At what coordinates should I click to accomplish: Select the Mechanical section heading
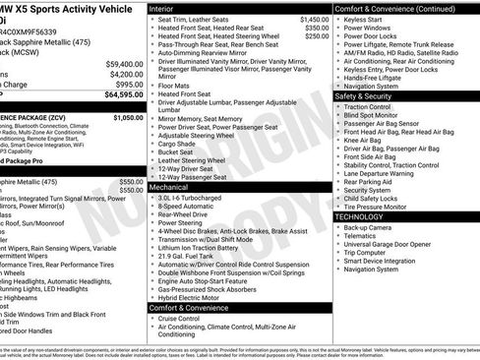[x=170, y=186]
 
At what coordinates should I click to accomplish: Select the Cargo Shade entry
[x=178, y=143]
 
